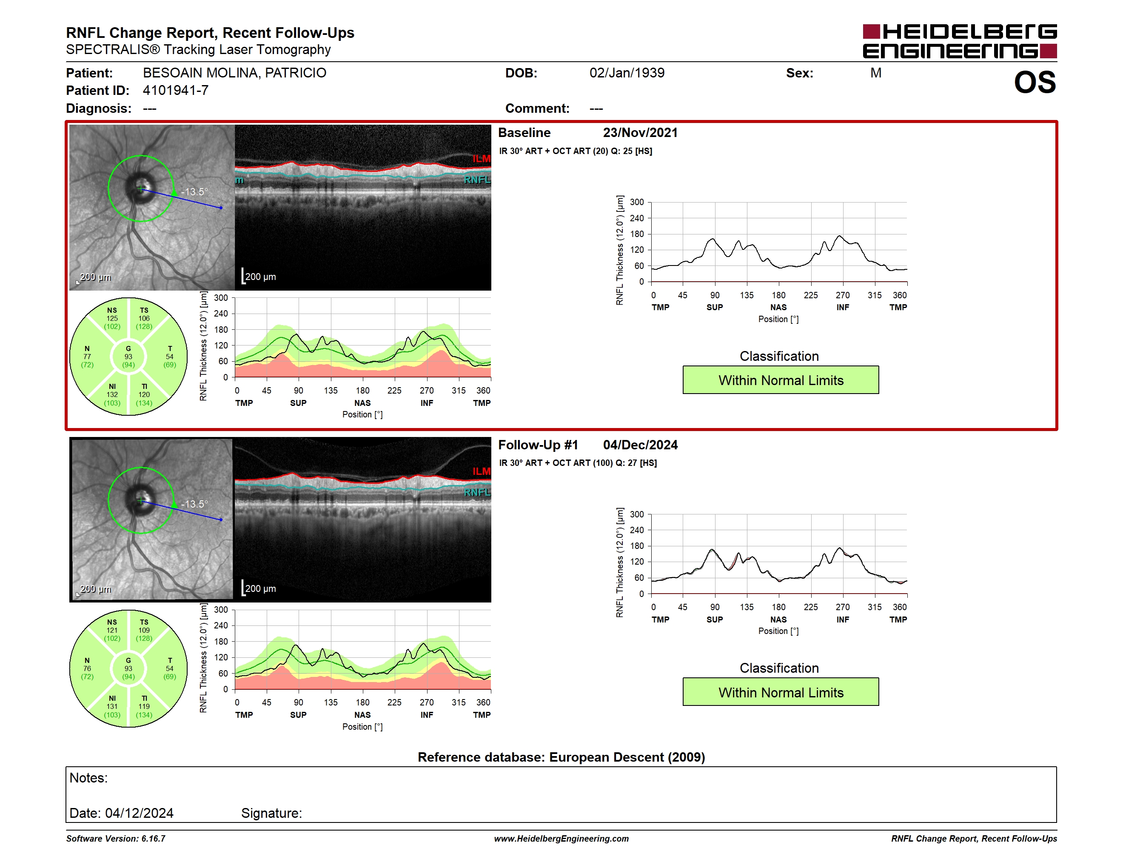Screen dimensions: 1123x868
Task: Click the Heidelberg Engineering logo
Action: (960, 41)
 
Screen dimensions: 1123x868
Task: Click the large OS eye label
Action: (1035, 83)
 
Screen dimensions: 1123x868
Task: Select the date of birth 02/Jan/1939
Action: (627, 73)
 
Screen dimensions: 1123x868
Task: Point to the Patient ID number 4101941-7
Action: (175, 91)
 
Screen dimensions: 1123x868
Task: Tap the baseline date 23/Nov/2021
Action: (640, 133)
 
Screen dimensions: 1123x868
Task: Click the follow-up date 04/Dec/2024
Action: (640, 445)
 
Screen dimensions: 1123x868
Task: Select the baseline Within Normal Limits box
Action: (781, 380)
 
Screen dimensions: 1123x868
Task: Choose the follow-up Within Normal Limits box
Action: (781, 692)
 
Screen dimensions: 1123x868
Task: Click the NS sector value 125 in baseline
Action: (112, 318)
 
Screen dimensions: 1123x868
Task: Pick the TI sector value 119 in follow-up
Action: (144, 707)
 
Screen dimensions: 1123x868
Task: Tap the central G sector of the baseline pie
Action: (128, 357)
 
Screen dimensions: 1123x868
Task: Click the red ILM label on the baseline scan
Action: (481, 159)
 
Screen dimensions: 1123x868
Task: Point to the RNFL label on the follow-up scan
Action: (477, 492)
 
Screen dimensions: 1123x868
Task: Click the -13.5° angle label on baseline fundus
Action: (195, 192)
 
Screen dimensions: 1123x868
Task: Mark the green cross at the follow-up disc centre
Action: (141, 500)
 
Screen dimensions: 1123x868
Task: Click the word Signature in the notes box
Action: (271, 813)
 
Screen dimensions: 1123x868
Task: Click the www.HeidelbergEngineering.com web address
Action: (561, 838)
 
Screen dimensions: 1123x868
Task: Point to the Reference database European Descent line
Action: (561, 757)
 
